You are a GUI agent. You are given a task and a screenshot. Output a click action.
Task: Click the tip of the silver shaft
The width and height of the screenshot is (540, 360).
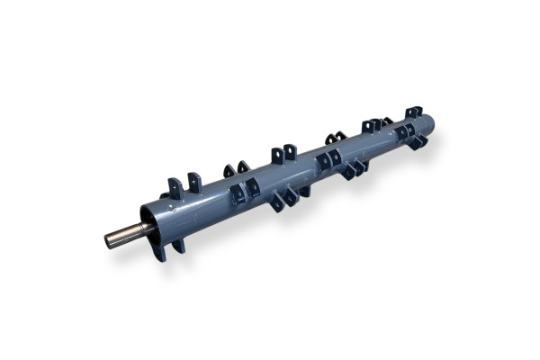tap(109, 240)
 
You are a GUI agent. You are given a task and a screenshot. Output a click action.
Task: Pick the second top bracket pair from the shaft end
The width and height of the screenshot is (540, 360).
tap(237, 168)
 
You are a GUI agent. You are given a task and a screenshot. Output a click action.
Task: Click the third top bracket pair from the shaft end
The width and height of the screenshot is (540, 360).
tap(283, 153)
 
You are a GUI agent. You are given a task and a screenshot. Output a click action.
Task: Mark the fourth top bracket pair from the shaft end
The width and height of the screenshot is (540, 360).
tap(335, 138)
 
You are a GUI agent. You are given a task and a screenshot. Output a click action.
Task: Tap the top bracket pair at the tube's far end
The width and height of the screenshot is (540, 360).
tap(413, 112)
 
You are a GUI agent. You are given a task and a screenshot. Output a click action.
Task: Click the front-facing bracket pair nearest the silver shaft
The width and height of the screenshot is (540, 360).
tap(245, 191)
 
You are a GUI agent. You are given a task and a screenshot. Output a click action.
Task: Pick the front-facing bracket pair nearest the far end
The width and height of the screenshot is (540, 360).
tap(404, 132)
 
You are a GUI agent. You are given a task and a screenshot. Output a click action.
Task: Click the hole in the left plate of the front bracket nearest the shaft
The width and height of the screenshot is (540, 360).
tap(238, 191)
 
